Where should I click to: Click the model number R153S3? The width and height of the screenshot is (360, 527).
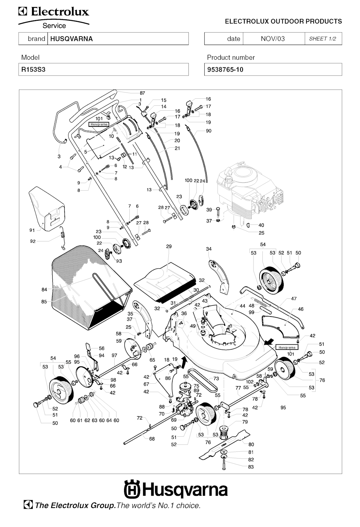pos(33,70)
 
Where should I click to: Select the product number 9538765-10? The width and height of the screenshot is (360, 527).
pos(225,70)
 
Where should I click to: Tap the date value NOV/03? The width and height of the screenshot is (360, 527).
pos(272,39)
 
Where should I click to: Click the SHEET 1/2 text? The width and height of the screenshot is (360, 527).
pos(322,39)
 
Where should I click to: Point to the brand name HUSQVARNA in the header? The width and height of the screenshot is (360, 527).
pos(71,39)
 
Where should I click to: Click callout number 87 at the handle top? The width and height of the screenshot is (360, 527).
pos(142,93)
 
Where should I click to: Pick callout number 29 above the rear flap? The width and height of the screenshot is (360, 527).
pos(169,247)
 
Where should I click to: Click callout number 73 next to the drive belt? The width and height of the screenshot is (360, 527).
pos(216,379)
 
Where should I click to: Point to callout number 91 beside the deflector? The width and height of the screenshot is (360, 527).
pos(32,230)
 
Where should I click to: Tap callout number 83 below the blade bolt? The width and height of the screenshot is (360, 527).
pos(251,467)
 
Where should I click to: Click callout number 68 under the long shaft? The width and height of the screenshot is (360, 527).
pos(152,439)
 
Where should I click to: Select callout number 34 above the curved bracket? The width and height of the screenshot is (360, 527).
pos(209,249)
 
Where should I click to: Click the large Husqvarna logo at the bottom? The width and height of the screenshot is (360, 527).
pos(176,489)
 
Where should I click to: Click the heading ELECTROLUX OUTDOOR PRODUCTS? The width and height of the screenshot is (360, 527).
pos(283,21)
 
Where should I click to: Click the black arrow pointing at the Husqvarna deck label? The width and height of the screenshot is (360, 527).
pos(270,341)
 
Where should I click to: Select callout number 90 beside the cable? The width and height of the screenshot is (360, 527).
pos(208,131)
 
